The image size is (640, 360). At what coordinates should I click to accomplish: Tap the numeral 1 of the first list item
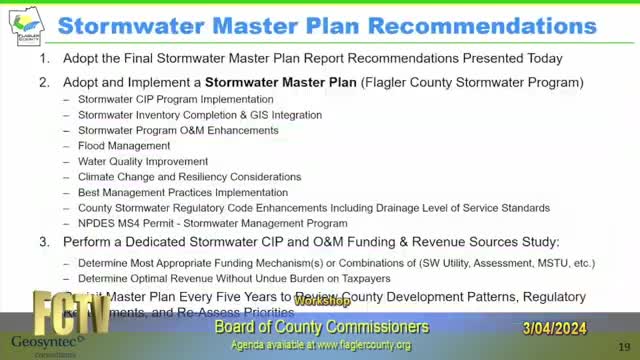(x=44, y=59)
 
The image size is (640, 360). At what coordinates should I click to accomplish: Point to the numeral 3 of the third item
(x=44, y=242)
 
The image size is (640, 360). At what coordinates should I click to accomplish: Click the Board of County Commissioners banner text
(x=322, y=327)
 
